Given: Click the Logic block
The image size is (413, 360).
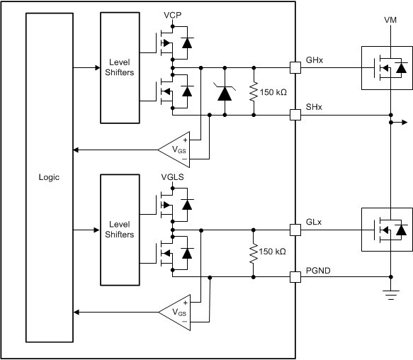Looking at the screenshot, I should [49, 177].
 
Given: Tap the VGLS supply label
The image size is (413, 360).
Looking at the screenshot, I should [173, 177].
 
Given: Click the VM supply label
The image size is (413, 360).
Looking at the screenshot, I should [391, 21].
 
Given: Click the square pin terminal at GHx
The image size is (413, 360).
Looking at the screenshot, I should [295, 68].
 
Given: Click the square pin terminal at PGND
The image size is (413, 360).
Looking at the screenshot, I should [295, 276].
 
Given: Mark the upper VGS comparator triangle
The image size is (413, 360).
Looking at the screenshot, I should [174, 150].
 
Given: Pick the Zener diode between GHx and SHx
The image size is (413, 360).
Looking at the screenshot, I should [225, 91].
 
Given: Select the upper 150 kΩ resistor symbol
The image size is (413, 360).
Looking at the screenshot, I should [253, 92].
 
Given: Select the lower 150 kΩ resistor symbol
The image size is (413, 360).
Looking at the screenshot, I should [253, 253].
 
